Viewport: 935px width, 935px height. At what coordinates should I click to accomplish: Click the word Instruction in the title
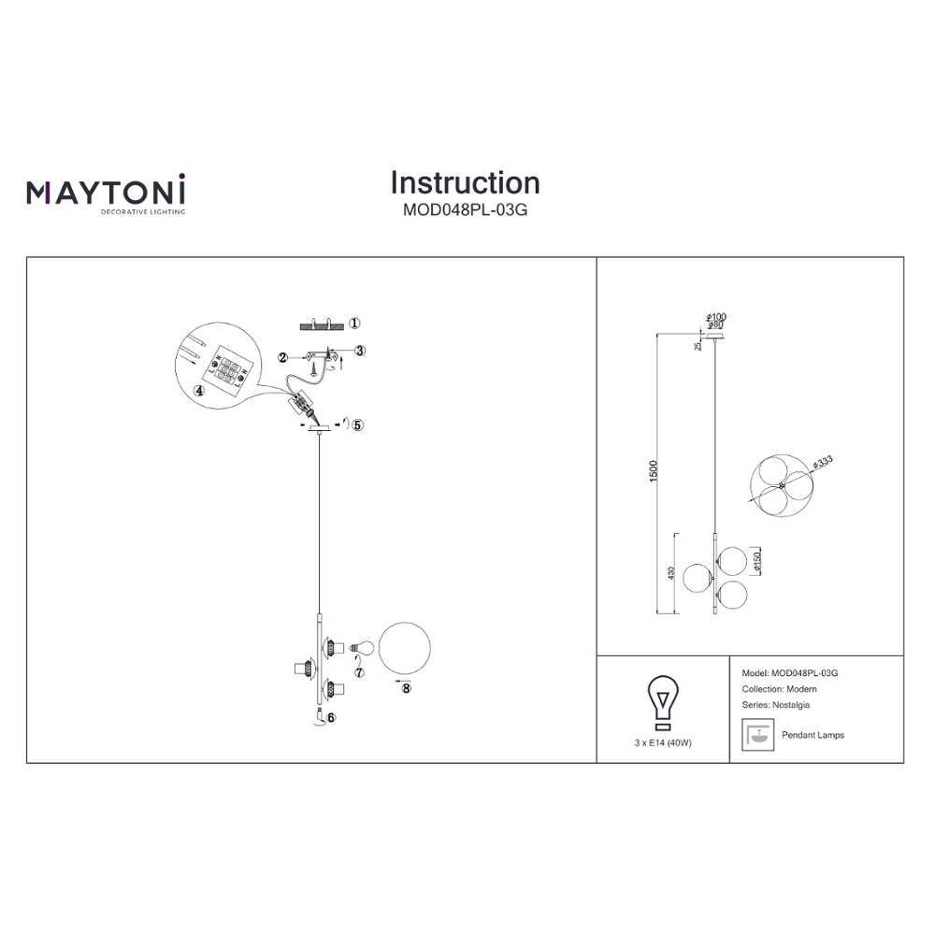click(465, 182)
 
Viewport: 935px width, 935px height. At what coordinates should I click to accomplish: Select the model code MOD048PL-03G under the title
click(465, 209)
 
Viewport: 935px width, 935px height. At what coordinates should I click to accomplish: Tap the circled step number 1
click(354, 324)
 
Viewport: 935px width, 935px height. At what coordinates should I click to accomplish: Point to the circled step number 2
click(282, 358)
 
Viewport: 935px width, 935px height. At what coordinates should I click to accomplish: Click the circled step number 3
click(360, 351)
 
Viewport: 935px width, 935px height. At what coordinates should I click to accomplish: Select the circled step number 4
click(199, 391)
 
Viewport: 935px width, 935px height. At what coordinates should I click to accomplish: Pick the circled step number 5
click(357, 425)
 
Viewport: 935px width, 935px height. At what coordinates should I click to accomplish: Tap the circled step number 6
click(331, 718)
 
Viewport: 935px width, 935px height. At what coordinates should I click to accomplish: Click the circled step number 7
click(359, 672)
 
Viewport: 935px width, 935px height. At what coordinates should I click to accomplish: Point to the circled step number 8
click(406, 689)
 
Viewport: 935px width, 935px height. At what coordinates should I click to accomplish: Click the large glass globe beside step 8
click(404, 648)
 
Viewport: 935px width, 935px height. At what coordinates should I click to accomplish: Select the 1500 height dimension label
click(654, 471)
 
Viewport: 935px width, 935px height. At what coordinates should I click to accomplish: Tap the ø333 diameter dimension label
click(822, 463)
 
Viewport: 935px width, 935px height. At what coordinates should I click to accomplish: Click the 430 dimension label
click(671, 574)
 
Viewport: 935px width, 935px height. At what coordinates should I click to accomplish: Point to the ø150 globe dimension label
click(756, 562)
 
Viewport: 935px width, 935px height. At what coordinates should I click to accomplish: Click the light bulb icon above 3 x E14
click(662, 702)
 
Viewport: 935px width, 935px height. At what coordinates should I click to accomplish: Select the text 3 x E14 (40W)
click(663, 743)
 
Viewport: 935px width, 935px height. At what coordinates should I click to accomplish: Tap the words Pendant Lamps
click(813, 735)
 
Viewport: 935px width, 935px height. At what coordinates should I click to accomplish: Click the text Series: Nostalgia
click(776, 705)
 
